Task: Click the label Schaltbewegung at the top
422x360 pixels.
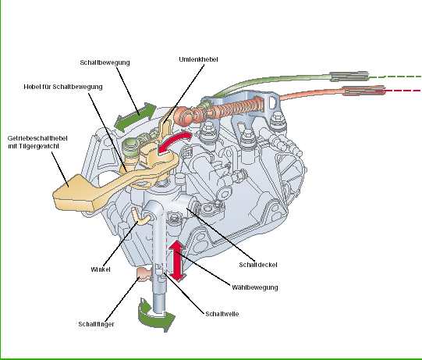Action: coord(105,62)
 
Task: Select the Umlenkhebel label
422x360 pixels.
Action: coord(198,59)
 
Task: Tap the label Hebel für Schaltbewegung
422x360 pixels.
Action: coord(63,87)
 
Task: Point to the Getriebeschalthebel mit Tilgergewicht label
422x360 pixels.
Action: coord(37,142)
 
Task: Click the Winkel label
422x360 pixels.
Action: coord(101,269)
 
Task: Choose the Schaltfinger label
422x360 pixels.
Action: coord(96,324)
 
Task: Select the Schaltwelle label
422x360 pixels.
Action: coord(222,314)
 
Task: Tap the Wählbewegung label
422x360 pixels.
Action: coord(255,287)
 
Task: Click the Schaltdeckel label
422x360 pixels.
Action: coord(258,265)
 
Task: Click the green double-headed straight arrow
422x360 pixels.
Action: coord(135,116)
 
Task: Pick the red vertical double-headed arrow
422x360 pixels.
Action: coord(177,261)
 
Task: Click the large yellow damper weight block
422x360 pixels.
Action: coord(76,193)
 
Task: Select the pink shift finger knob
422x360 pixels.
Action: coord(143,274)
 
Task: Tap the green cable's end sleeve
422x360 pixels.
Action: coord(349,77)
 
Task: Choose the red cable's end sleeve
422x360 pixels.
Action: coord(363,91)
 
